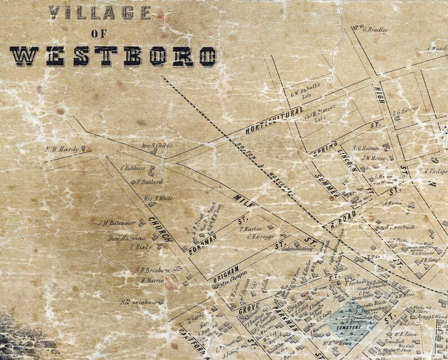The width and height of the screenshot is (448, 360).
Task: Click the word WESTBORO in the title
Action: pos(113,56)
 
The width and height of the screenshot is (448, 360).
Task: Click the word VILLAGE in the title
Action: pos(99,12)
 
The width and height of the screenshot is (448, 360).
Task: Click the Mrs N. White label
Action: pos(157,198)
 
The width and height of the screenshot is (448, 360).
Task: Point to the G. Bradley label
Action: pos(375,30)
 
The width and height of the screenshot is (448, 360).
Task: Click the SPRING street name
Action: pos(326,148)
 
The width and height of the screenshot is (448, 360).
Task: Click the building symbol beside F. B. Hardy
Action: pos(84,149)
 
